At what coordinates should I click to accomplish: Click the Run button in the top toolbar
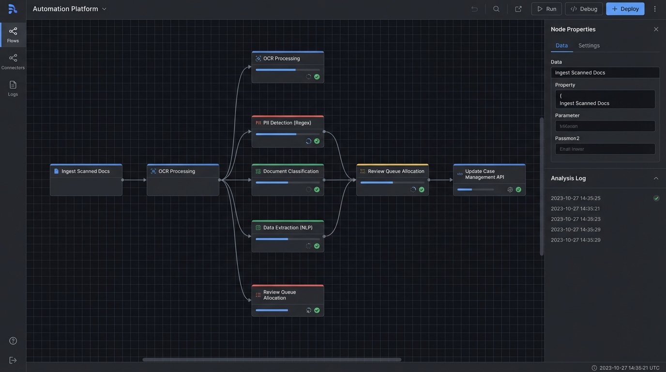coord(546,9)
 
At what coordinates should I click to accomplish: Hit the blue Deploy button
coord(625,9)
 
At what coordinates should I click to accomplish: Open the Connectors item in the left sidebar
coord(13,61)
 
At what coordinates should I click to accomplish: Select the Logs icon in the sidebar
coord(13,88)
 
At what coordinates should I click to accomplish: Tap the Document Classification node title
coord(290,171)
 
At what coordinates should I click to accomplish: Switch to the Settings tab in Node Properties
coord(589,46)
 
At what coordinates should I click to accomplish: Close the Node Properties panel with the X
coord(656,29)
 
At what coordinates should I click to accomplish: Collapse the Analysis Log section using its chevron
coord(656,178)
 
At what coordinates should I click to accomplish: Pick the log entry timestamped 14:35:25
coord(575,198)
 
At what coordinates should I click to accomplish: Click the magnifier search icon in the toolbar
coord(496,9)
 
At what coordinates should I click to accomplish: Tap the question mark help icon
coord(13,341)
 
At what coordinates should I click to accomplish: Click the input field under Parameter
coord(605,126)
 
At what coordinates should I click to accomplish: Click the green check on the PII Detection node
coord(317,141)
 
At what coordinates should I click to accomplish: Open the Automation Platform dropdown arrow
coord(104,9)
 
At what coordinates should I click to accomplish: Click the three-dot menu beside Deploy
coord(655,9)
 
